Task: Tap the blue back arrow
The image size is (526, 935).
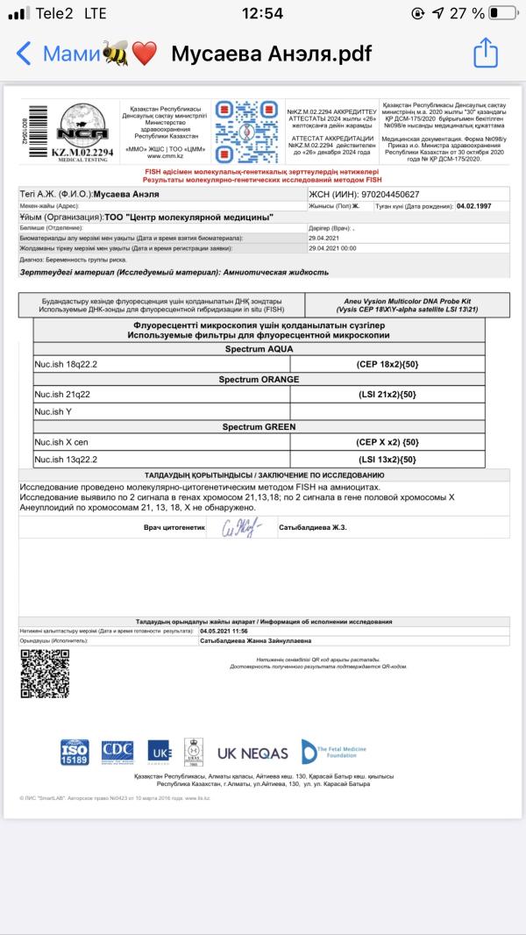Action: [x=24, y=54]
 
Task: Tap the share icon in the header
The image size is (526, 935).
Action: [x=486, y=54]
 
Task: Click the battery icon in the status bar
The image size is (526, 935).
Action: [x=502, y=13]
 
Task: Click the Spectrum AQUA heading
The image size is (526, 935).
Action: [x=258, y=348]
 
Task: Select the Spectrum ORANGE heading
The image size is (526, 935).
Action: [x=258, y=380]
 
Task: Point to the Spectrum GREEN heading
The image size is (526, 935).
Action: [x=258, y=427]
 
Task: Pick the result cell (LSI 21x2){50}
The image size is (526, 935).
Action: [x=387, y=396]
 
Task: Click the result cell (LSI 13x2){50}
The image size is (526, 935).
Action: [x=387, y=459]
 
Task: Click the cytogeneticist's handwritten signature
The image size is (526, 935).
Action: [x=240, y=528]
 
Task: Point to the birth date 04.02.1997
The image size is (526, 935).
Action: [x=480, y=207]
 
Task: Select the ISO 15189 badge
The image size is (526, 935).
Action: [x=75, y=753]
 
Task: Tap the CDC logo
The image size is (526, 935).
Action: [x=117, y=751]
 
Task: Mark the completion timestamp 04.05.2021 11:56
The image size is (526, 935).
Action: [x=224, y=631]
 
